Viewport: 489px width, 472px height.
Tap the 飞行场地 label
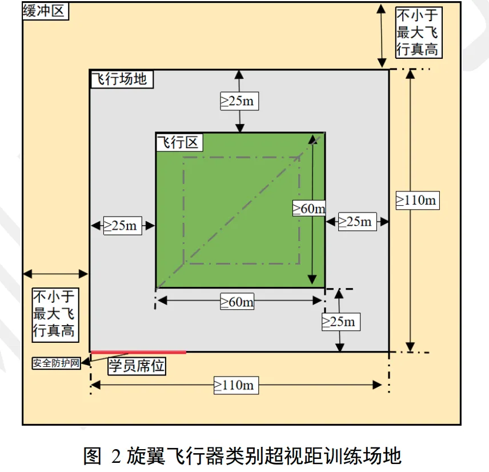[122, 79]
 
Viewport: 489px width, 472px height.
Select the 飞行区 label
[179, 142]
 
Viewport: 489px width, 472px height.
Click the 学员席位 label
[137, 366]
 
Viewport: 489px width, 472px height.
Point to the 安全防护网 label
[57, 363]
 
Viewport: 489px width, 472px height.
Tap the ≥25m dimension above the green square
[239, 101]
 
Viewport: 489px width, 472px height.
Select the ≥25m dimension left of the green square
[122, 226]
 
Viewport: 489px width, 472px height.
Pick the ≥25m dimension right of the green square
[357, 221]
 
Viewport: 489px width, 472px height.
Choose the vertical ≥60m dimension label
[309, 209]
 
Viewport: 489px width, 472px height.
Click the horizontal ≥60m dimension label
[237, 301]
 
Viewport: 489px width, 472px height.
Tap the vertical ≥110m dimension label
[416, 200]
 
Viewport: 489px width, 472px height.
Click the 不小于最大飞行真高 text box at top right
[418, 32]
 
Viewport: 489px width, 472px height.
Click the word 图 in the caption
[93, 456]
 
